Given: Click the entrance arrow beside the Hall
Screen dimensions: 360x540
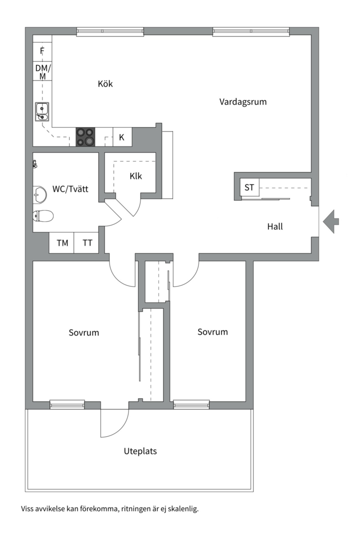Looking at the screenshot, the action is (x=330, y=221).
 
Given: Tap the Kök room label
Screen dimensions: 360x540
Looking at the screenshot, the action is (x=105, y=83).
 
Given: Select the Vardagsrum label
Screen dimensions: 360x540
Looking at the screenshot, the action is (x=243, y=102).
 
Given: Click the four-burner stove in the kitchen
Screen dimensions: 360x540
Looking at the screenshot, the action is (x=85, y=137).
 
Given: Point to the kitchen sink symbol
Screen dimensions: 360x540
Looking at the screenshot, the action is (x=42, y=112).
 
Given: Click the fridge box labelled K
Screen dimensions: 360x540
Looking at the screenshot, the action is (x=122, y=137).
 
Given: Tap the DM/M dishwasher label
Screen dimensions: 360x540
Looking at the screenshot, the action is (x=42, y=71).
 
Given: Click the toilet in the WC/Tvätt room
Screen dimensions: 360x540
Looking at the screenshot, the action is (x=43, y=216).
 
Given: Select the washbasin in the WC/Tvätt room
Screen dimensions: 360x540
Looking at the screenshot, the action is (x=39, y=194).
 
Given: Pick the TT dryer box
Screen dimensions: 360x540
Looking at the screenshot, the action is (x=86, y=243).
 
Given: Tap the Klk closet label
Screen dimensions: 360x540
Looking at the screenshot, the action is (x=135, y=176).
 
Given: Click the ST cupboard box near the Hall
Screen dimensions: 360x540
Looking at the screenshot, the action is (x=249, y=187).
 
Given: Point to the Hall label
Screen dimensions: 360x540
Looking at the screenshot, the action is (x=275, y=226).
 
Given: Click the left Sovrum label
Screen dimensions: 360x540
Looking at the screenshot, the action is (x=83, y=332).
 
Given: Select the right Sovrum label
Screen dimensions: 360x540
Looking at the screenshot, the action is (x=212, y=332).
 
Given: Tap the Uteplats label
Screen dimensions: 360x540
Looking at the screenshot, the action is (x=140, y=451).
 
